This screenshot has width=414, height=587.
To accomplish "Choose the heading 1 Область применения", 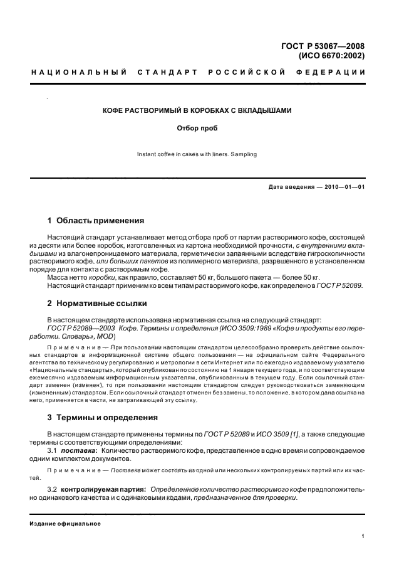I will click(x=96, y=221).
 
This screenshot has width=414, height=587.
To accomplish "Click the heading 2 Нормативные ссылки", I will click(x=97, y=304).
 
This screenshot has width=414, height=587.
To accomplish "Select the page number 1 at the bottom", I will click(x=363, y=536).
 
